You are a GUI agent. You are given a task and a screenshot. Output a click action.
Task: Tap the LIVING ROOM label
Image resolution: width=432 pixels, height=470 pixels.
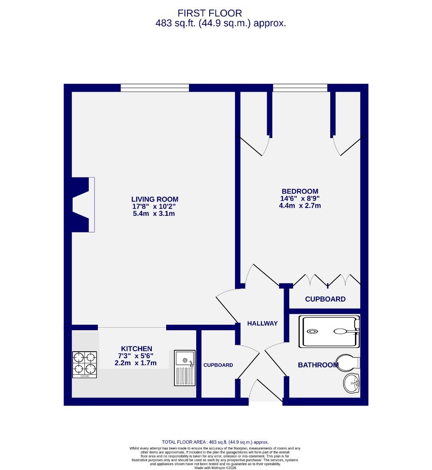(x=154, y=199)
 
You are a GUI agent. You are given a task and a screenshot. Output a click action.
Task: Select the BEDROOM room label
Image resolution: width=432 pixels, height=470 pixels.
(x=300, y=191)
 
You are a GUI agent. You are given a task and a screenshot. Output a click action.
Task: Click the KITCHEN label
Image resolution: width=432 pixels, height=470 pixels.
(x=137, y=349)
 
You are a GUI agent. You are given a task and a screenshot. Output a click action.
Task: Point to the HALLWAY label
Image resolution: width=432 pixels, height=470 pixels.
(x=262, y=323)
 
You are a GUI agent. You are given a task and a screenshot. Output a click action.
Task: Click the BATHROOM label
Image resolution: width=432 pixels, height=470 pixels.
(x=318, y=365)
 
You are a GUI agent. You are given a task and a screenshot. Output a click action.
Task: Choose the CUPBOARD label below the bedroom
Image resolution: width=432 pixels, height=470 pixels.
(x=325, y=299)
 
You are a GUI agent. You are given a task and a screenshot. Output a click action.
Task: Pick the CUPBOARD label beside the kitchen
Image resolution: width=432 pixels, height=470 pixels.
(x=218, y=365)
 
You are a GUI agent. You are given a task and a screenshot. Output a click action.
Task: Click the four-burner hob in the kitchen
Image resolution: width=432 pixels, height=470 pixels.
(x=84, y=364)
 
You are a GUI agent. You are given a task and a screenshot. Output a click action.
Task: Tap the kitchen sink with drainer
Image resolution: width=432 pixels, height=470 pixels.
(x=185, y=368)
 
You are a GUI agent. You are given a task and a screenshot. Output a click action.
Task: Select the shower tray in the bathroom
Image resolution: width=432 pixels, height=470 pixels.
(x=329, y=332)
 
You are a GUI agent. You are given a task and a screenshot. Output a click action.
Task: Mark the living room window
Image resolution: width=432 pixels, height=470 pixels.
(x=155, y=88)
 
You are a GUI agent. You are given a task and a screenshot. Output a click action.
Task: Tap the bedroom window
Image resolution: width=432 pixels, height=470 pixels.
(x=300, y=88)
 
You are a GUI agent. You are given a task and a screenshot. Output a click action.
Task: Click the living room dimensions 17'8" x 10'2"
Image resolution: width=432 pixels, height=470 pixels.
(x=154, y=207)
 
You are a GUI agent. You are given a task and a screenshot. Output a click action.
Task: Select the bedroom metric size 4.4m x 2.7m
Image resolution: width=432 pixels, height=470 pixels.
(x=300, y=206)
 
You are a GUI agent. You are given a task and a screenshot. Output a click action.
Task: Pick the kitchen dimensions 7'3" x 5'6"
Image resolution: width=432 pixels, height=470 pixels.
(x=137, y=356)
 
